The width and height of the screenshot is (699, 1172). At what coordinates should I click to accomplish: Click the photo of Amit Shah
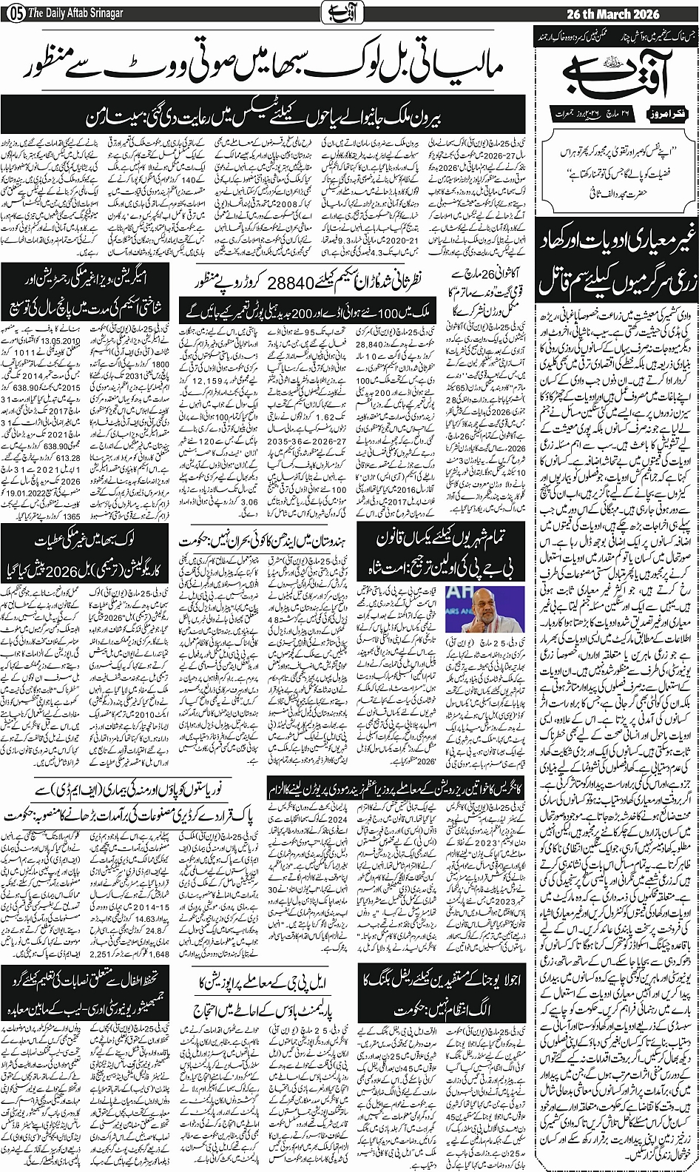(x=391, y=599)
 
